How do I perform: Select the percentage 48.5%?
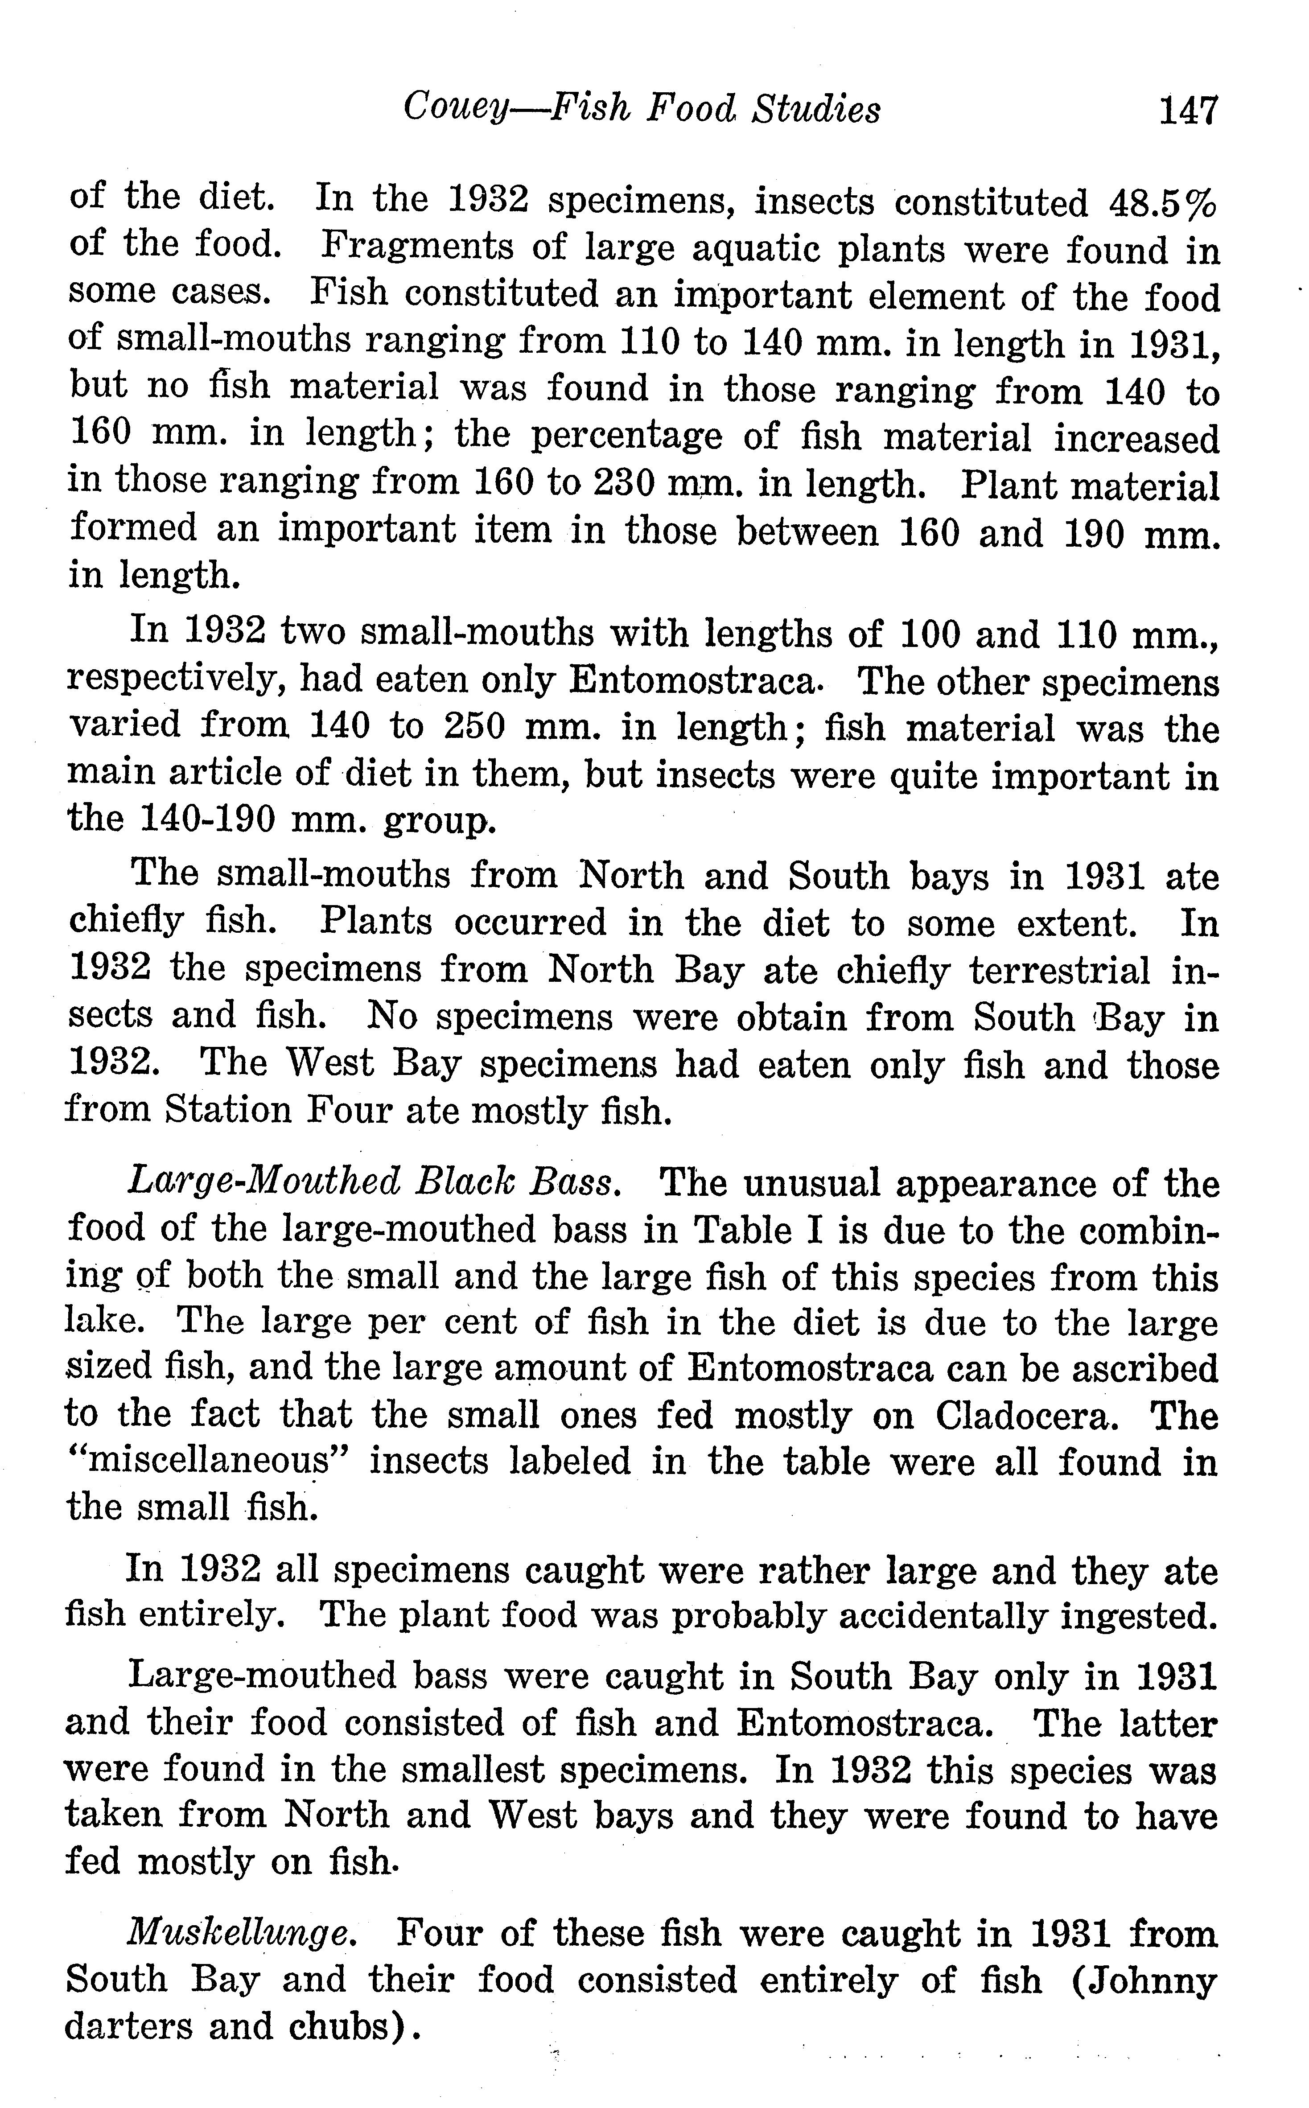[x=1163, y=202]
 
